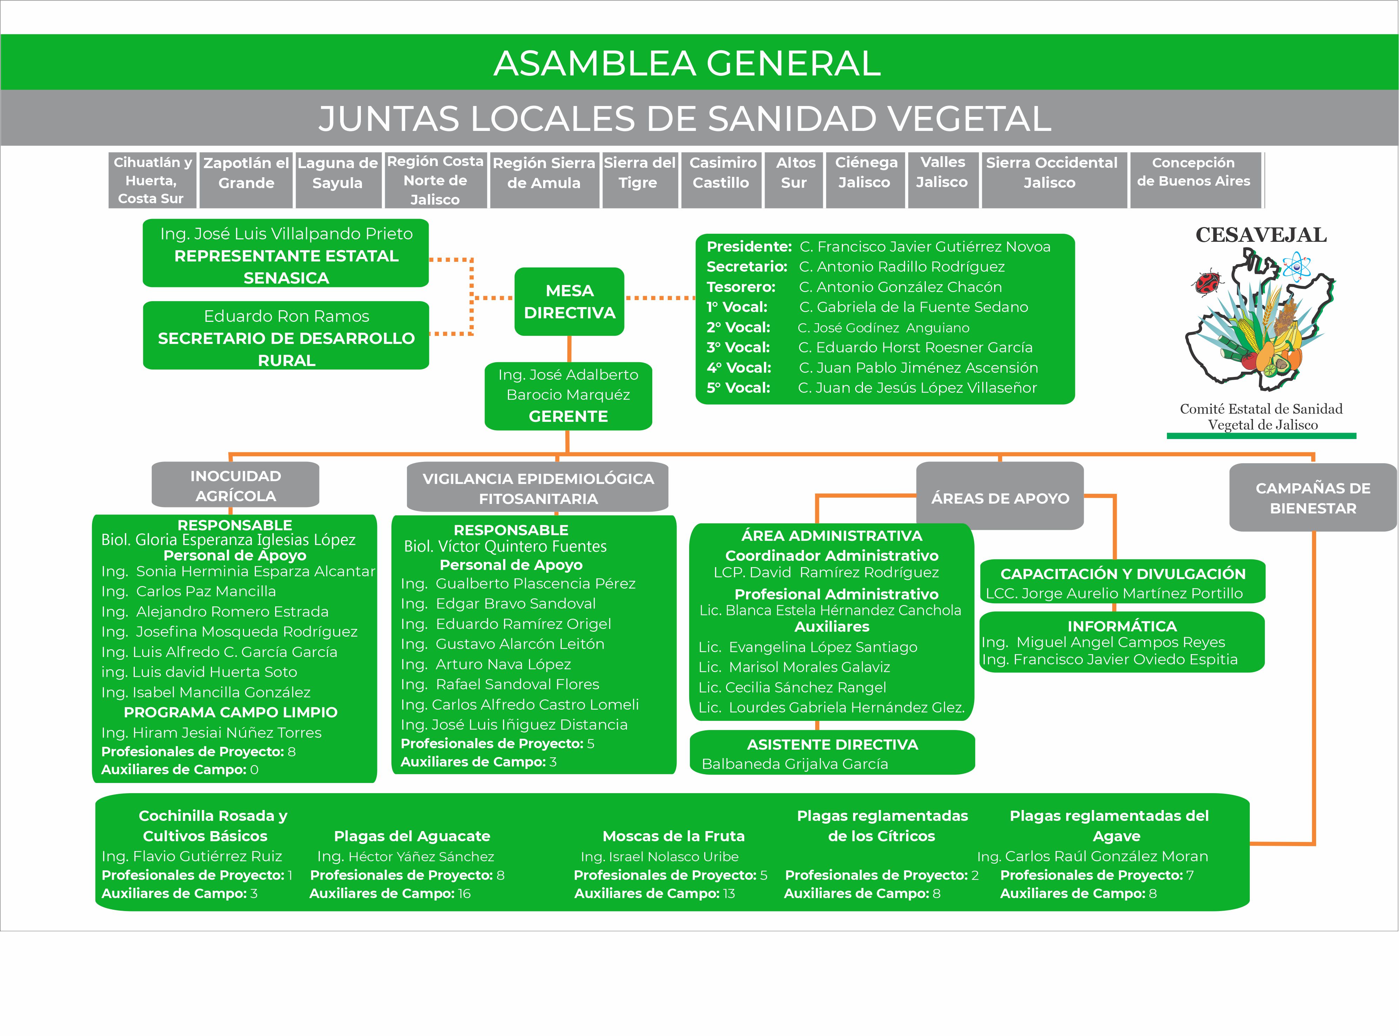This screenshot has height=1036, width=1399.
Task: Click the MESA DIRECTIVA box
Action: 569,302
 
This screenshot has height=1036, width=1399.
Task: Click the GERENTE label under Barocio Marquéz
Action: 568,417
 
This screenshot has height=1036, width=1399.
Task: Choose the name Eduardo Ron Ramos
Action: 287,316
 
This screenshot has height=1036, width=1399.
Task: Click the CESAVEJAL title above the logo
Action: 1261,235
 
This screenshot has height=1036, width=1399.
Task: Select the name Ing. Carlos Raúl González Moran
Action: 1092,856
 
